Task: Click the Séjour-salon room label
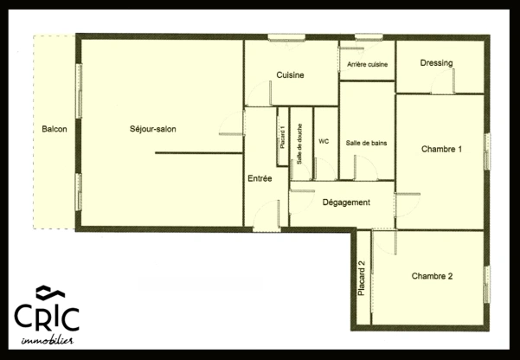pyautogui.click(x=153, y=129)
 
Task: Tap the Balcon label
pyautogui.click(x=55, y=129)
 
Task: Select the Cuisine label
pyautogui.click(x=290, y=75)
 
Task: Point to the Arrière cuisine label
pyautogui.click(x=367, y=65)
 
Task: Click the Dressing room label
pyautogui.click(x=438, y=63)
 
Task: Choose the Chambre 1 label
pyautogui.click(x=441, y=149)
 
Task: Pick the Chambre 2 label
pyautogui.click(x=432, y=277)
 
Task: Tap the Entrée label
pyautogui.click(x=260, y=178)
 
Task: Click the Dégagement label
pyautogui.click(x=346, y=202)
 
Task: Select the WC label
pyautogui.click(x=324, y=141)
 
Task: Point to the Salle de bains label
pyautogui.click(x=366, y=143)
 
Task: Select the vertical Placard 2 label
pyautogui.click(x=362, y=279)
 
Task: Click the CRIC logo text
pyautogui.click(x=46, y=317)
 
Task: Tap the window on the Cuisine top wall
pyautogui.click(x=285, y=37)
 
